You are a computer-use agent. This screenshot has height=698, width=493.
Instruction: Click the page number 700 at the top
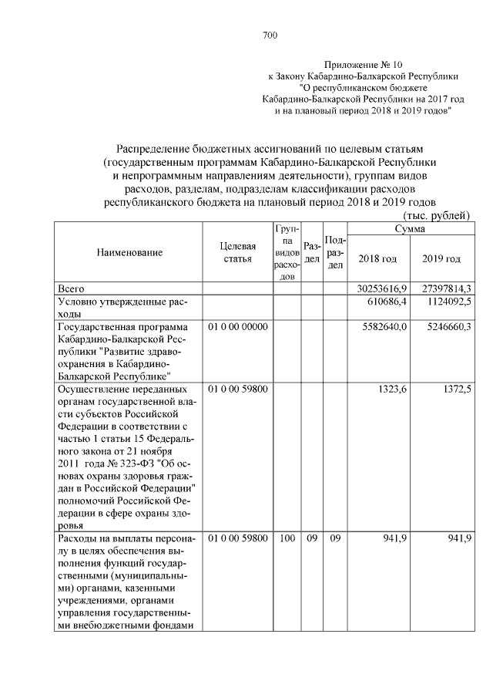point(270,35)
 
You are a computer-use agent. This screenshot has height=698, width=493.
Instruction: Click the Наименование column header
point(129,253)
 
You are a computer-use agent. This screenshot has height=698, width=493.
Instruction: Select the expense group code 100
point(287,538)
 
